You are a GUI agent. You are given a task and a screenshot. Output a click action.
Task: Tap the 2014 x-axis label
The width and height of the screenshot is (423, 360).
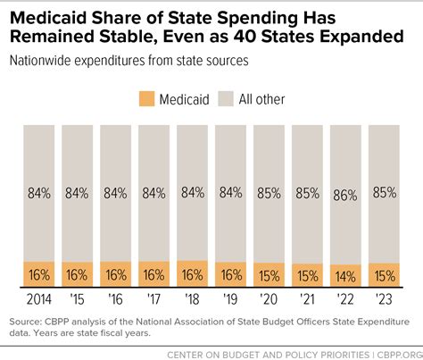pos(38,299)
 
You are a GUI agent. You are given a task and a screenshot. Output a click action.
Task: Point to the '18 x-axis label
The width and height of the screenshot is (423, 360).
pos(193,299)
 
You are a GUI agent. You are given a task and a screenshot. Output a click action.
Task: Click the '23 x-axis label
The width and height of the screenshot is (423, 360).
pos(385,299)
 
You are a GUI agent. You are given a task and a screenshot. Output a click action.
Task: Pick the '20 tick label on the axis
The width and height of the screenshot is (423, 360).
pos(270,299)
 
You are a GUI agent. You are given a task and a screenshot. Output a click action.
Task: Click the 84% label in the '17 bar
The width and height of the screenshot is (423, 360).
pos(154,191)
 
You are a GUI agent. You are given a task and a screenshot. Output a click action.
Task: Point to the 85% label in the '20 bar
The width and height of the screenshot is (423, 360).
pos(270,191)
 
